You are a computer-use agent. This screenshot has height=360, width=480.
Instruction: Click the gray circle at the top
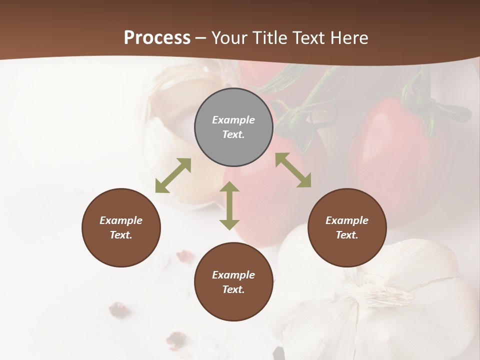(x=233, y=127)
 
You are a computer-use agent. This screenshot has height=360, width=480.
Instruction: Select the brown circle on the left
(x=121, y=227)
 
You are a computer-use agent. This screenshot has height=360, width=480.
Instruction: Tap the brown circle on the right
(x=347, y=227)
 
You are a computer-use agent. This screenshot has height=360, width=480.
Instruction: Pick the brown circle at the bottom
(x=233, y=282)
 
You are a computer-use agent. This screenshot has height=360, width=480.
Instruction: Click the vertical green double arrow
(x=229, y=206)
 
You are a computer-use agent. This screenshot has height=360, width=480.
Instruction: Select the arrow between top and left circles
(x=173, y=175)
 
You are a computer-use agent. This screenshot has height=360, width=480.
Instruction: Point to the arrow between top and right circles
(x=293, y=170)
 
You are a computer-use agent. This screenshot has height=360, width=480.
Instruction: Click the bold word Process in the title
(x=157, y=38)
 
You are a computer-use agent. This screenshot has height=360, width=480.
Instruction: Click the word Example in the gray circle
(x=233, y=120)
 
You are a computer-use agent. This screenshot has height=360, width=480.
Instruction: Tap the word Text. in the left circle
(x=121, y=235)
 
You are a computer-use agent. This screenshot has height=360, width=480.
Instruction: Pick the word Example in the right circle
(x=347, y=220)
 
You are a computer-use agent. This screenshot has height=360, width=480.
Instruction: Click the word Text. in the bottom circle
(x=233, y=289)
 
